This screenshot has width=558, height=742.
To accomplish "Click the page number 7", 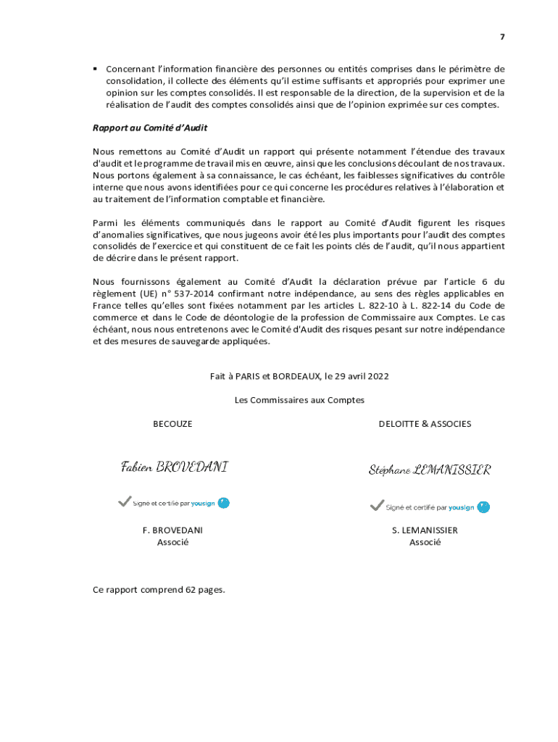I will [501, 37].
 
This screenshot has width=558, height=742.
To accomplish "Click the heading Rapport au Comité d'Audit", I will [150, 128].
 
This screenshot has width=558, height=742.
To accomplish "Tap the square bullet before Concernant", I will [95, 69].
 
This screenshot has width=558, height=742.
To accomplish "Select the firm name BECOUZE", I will [172, 424].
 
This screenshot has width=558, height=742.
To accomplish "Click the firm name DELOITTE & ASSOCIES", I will [425, 424].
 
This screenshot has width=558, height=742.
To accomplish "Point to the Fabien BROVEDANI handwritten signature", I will [174, 467].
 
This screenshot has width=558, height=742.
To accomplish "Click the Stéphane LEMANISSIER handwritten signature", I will [429, 470].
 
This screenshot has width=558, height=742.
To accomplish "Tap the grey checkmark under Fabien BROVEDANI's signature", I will [124, 501].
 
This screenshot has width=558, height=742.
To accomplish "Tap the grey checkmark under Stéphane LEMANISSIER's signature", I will [376, 505].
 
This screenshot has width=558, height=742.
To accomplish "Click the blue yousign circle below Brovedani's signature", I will [224, 502].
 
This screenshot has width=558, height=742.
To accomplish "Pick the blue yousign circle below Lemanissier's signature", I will [483, 507].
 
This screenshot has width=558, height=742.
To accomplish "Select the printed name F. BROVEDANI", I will [172, 530].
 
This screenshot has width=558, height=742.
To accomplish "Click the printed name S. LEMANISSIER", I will [425, 530].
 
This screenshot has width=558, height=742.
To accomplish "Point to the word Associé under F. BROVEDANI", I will [172, 542].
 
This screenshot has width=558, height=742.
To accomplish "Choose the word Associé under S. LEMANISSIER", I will [425, 542].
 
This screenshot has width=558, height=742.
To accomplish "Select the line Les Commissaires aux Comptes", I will [299, 400].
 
